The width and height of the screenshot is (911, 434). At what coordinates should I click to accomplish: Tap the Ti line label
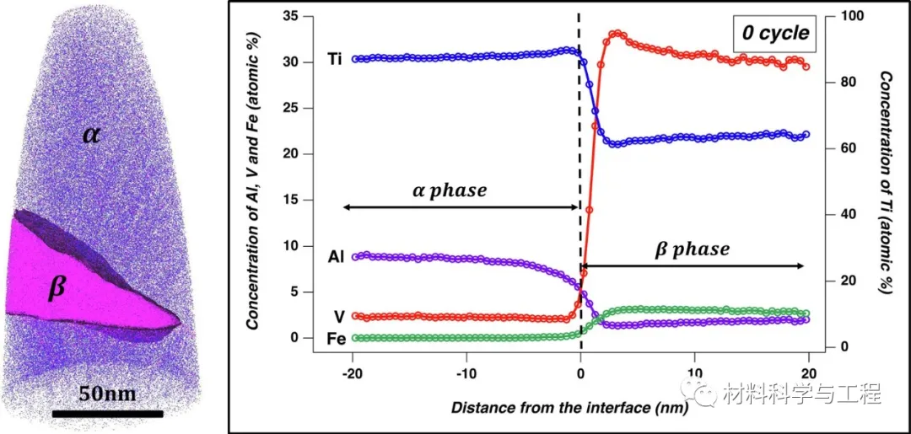[335, 60]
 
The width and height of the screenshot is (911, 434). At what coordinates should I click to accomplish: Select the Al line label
[336, 255]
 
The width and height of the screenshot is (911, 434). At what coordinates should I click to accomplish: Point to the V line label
[337, 316]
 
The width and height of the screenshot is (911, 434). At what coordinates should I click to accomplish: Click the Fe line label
[335, 338]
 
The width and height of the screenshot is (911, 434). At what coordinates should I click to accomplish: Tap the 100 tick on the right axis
[840, 17]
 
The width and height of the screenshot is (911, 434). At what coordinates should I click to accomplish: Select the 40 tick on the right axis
[838, 215]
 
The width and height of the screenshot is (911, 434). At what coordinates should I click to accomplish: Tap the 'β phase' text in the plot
[693, 249]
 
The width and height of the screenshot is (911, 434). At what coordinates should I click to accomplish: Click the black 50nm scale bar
[107, 414]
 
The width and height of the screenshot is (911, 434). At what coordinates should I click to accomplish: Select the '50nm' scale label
[108, 393]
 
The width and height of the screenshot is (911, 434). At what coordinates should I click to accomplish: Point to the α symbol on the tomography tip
[91, 133]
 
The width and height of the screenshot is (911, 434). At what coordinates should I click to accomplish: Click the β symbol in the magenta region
[56, 289]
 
